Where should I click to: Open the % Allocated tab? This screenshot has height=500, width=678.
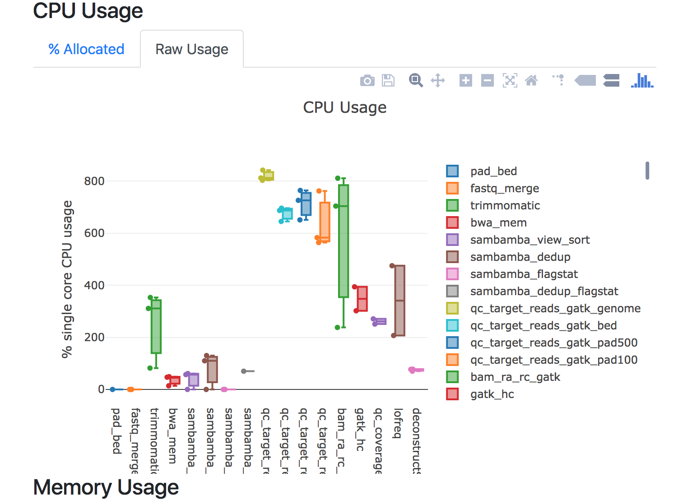click(x=86, y=49)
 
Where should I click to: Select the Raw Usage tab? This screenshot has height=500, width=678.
click(x=192, y=49)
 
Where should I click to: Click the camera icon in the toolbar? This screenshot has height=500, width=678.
click(x=367, y=81)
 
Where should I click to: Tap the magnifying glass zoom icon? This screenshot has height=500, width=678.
click(x=416, y=81)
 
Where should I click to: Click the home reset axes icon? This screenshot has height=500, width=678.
click(x=531, y=81)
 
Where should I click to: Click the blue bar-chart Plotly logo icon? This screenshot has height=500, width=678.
click(x=642, y=81)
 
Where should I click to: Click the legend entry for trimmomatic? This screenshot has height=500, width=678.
click(x=505, y=206)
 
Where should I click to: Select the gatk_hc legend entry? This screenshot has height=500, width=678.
click(x=492, y=394)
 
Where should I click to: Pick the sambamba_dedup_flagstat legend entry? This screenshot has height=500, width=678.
click(x=544, y=292)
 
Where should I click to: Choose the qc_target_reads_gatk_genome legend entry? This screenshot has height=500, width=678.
click(x=555, y=309)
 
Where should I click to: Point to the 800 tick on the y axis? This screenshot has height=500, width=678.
click(x=94, y=181)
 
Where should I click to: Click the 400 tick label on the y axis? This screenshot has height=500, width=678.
click(x=94, y=286)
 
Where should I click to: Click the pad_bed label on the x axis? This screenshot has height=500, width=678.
click(x=116, y=431)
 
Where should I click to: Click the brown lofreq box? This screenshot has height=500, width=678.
click(x=399, y=301)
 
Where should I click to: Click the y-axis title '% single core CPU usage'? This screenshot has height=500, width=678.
click(x=67, y=279)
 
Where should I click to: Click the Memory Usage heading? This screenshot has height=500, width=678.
click(x=106, y=488)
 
